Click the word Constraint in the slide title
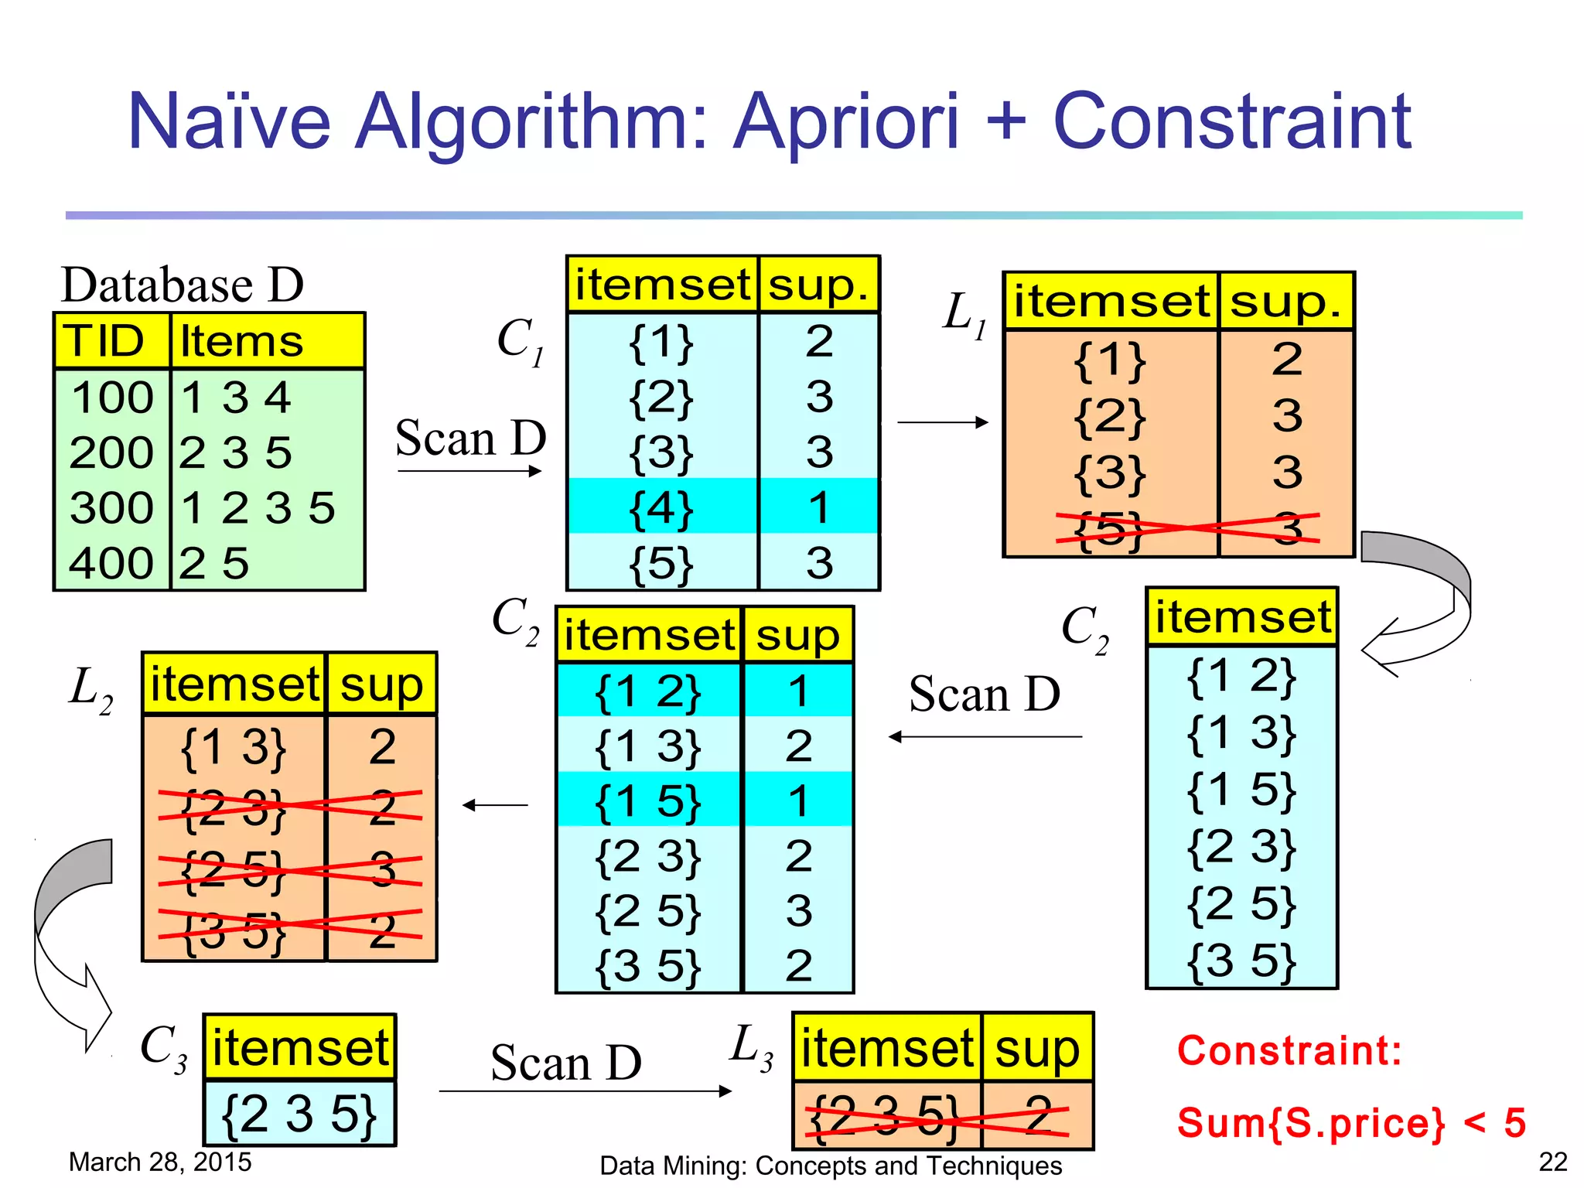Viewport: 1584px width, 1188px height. pyautogui.click(x=1231, y=121)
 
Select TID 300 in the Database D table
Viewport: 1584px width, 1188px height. pyautogui.click(x=112, y=508)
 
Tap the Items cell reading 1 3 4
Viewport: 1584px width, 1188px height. pyautogui.click(x=235, y=398)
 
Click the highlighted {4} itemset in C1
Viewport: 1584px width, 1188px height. pyautogui.click(x=661, y=507)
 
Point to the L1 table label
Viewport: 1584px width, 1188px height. pyautogui.click(x=964, y=314)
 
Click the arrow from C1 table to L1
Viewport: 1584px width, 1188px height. pyautogui.click(x=942, y=422)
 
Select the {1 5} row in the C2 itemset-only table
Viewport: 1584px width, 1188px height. pyautogui.click(x=1241, y=790)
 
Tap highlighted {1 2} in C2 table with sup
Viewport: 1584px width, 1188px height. pyautogui.click(x=648, y=691)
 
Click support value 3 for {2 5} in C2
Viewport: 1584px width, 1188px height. pyautogui.click(x=798, y=911)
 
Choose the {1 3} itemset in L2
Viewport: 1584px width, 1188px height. pyautogui.click(x=233, y=747)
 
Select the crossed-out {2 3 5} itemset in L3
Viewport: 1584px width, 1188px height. pyautogui.click(x=886, y=1116)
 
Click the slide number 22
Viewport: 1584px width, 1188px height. pyautogui.click(x=1552, y=1162)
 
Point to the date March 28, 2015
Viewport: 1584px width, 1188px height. pyautogui.click(x=160, y=1162)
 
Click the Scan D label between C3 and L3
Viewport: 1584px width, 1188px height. pyautogui.click(x=566, y=1063)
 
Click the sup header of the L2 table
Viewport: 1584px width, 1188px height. pyautogui.click(x=381, y=684)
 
